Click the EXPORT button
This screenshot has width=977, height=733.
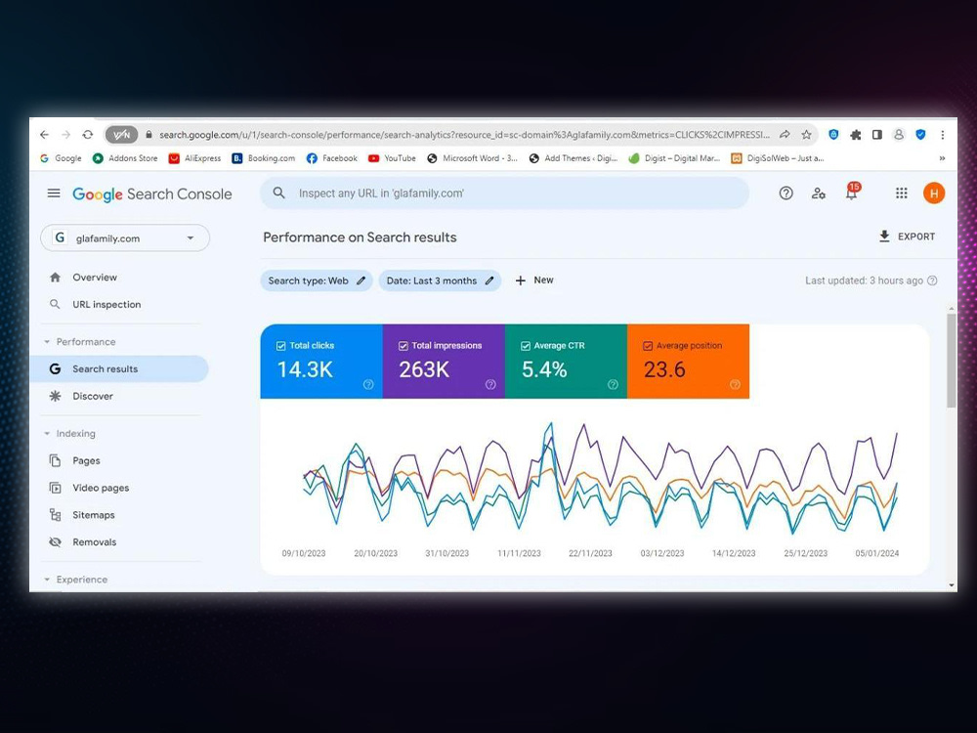pyautogui.click(x=907, y=237)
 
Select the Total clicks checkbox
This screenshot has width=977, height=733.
pyautogui.click(x=281, y=346)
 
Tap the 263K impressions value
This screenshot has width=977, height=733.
pyautogui.click(x=424, y=369)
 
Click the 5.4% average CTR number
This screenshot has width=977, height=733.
pyautogui.click(x=544, y=369)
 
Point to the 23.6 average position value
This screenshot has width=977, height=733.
pyautogui.click(x=664, y=369)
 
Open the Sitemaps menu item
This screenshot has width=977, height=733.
pyautogui.click(x=94, y=515)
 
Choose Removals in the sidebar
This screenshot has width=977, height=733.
pyautogui.click(x=94, y=542)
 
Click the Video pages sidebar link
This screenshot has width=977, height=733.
pyautogui.click(x=101, y=488)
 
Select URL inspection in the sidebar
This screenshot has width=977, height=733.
pyautogui.click(x=106, y=305)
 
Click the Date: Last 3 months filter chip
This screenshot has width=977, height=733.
pyautogui.click(x=440, y=280)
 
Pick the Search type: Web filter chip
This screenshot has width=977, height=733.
pyautogui.click(x=317, y=280)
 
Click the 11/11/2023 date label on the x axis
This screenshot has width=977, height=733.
pyautogui.click(x=519, y=553)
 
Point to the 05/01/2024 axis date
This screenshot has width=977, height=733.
pyautogui.click(x=877, y=553)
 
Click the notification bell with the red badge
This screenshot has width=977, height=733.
pyautogui.click(x=852, y=192)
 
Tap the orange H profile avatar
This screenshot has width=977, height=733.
pyautogui.click(x=933, y=194)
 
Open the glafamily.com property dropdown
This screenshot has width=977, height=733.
pyautogui.click(x=125, y=238)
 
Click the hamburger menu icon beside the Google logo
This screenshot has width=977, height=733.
pyautogui.click(x=54, y=194)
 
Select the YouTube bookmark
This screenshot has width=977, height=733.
pyautogui.click(x=392, y=158)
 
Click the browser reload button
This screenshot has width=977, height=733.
pyautogui.click(x=88, y=135)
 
